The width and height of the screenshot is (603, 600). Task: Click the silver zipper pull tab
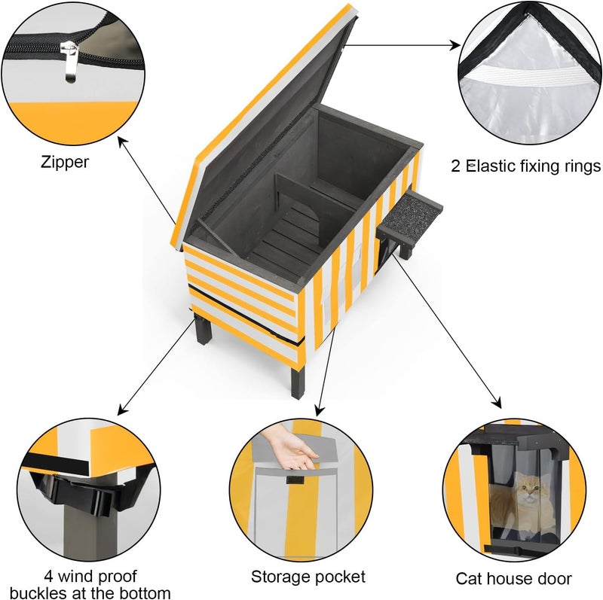pos(69,62)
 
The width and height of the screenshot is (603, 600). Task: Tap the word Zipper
pos(65,162)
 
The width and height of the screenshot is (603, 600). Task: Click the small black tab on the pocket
pos(295,480)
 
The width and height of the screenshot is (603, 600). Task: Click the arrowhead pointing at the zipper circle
pos(122,142)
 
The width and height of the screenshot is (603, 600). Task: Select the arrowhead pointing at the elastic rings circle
pos(455,45)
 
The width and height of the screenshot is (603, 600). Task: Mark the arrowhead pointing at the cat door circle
pos(497,403)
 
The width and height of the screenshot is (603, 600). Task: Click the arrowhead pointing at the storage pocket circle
pos(319,410)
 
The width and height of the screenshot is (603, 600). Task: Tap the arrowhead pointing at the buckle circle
pos(122,410)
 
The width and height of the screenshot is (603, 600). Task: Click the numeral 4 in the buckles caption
pos(48,576)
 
